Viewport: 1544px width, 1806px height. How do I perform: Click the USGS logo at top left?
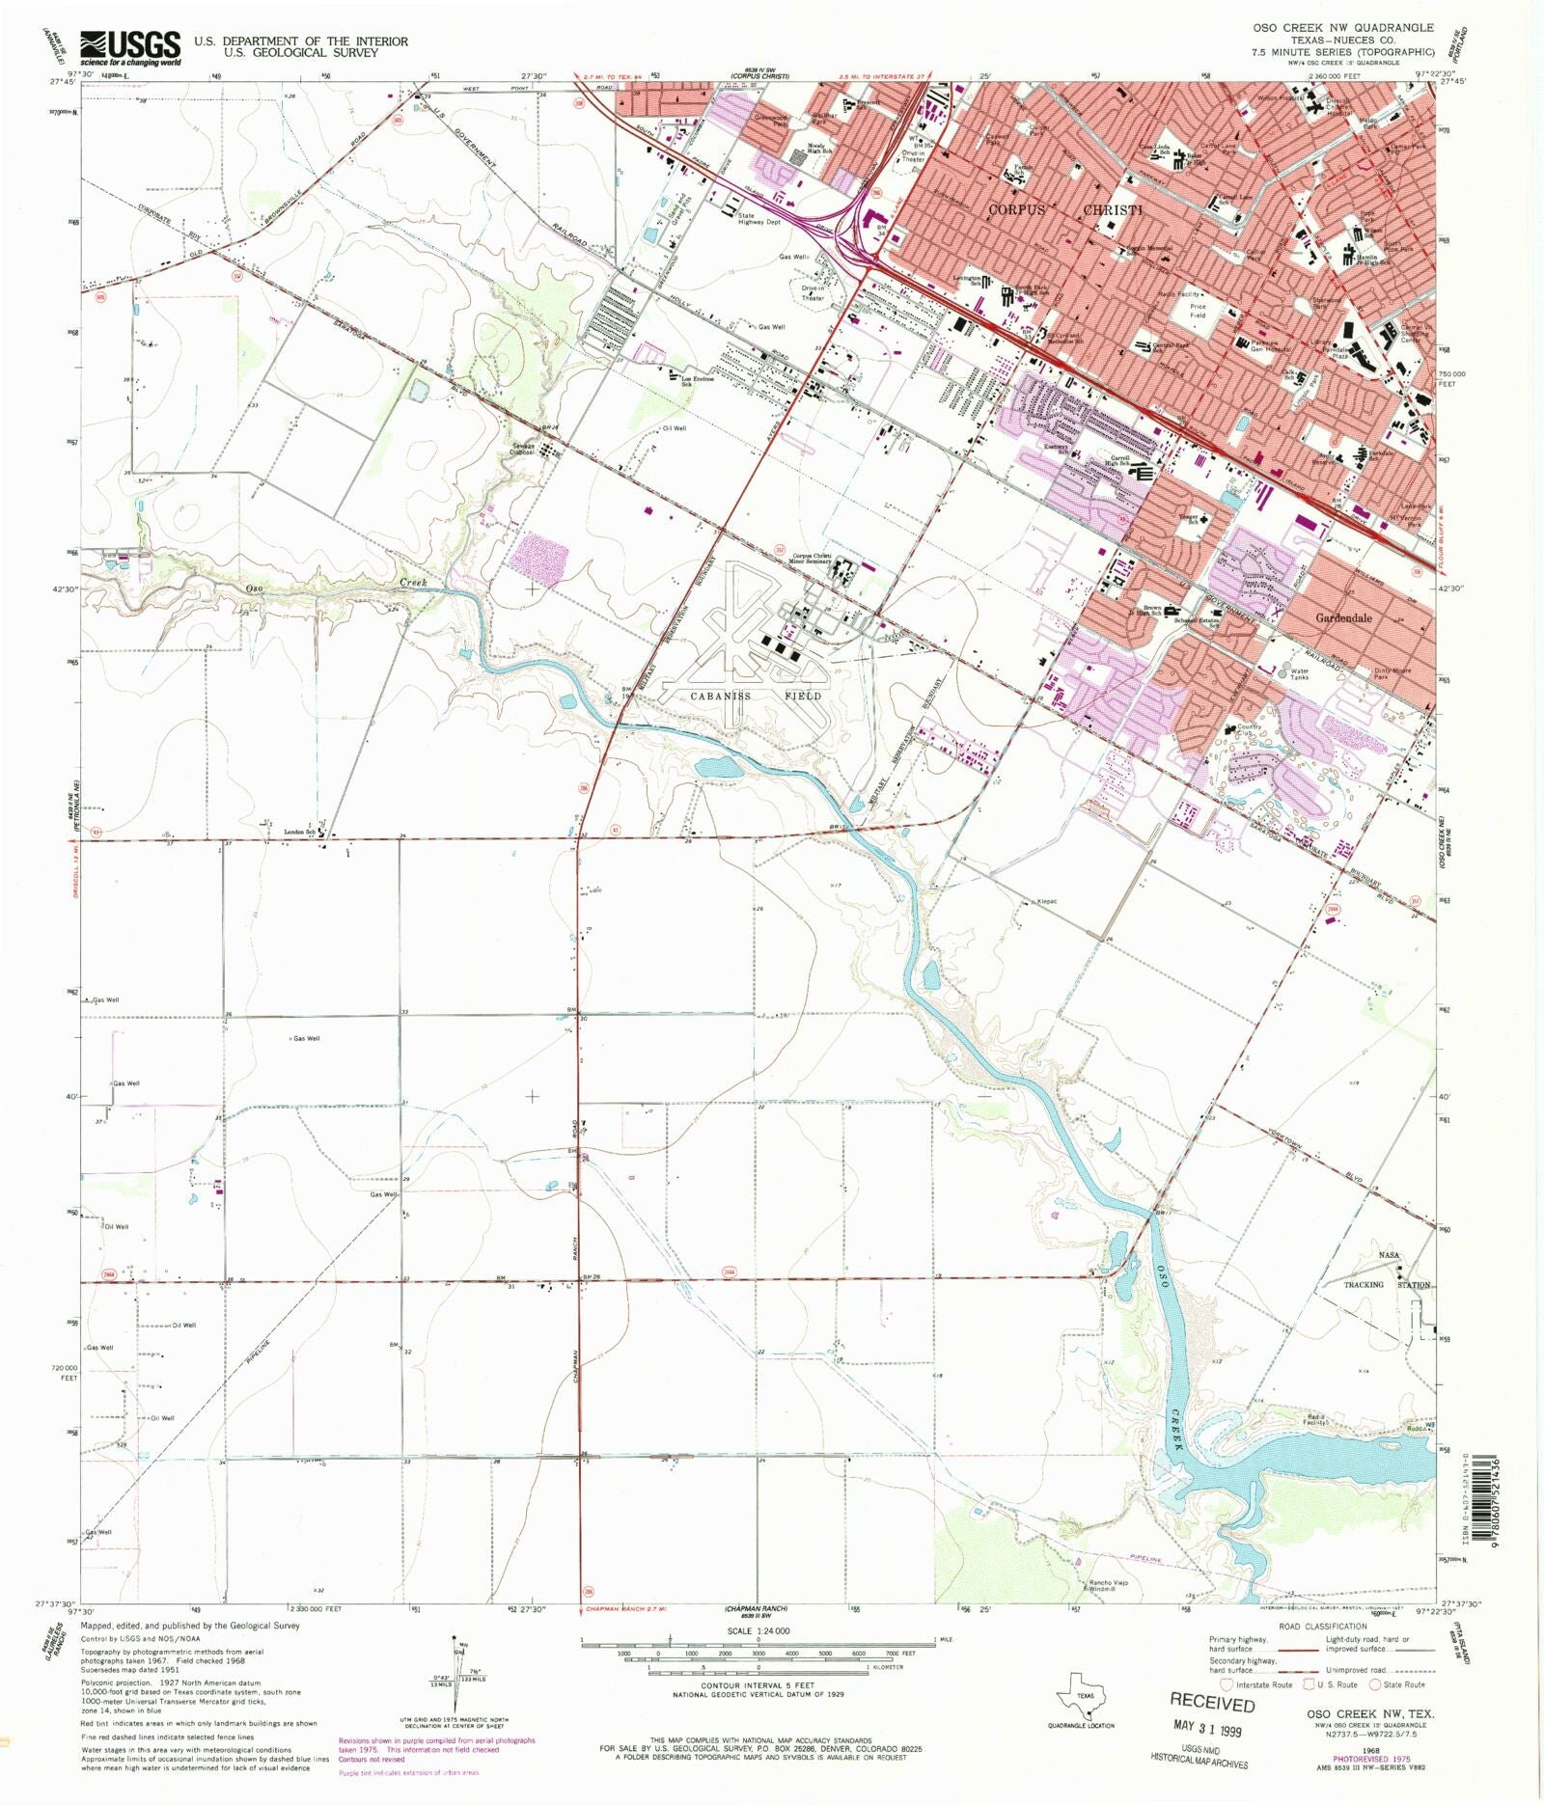point(130,47)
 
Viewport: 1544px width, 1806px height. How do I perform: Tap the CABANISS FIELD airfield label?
point(756,696)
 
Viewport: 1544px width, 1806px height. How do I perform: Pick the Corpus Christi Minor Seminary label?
point(810,559)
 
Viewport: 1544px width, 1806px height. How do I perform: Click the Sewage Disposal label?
point(523,449)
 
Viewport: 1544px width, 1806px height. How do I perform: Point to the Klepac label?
point(1047,901)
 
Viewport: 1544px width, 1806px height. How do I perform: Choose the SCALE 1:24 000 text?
point(759,1631)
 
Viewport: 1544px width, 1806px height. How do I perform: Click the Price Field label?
point(1198,310)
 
